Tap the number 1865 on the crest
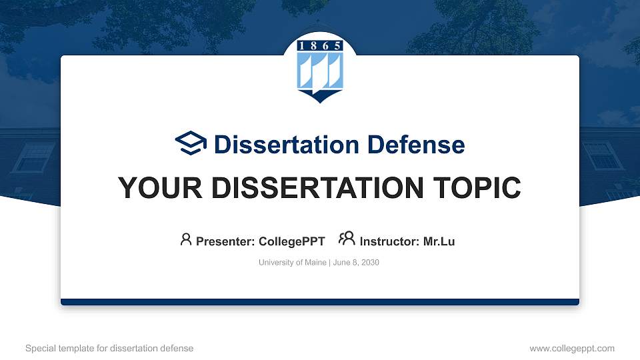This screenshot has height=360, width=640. tap(320, 45)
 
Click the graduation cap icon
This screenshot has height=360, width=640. tap(191, 143)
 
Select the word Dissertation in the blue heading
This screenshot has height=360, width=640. tap(287, 145)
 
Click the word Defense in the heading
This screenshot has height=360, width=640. tap(416, 145)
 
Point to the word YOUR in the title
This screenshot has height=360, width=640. tap(160, 188)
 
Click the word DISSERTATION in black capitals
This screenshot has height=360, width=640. tap(317, 188)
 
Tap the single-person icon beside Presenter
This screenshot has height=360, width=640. tap(186, 239)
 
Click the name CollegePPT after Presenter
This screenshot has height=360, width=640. tap(292, 241)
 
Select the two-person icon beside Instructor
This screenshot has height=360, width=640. tap(347, 239)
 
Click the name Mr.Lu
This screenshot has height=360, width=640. tap(439, 241)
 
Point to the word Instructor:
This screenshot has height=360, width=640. tap(389, 241)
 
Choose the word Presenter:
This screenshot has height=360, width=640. tap(225, 241)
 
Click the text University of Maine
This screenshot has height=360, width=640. tap(292, 263)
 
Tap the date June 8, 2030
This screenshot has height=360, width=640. tap(356, 263)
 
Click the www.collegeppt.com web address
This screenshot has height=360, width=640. tap(572, 348)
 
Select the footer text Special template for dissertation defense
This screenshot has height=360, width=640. tap(109, 348)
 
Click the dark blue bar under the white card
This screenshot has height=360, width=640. tap(320, 302)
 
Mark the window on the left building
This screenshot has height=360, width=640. tap(33, 157)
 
